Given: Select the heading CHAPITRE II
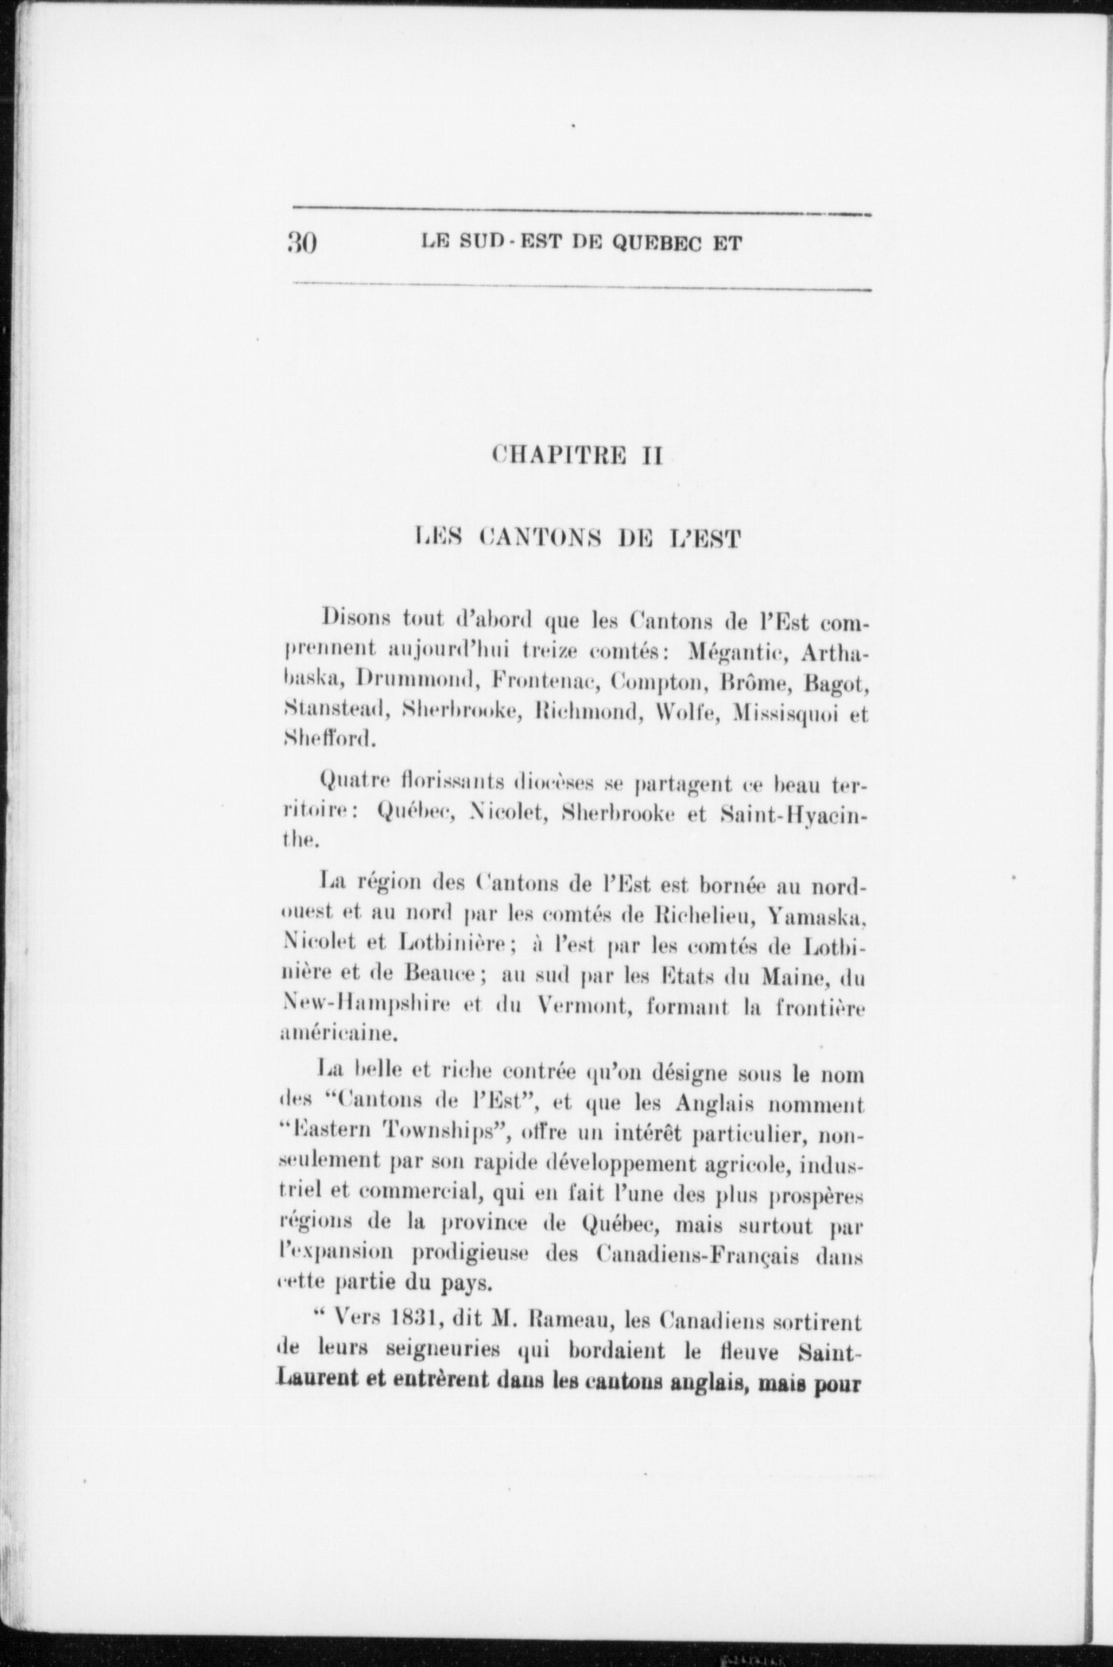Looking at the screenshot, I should coord(577,456).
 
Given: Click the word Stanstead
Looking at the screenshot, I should coord(335,709).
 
